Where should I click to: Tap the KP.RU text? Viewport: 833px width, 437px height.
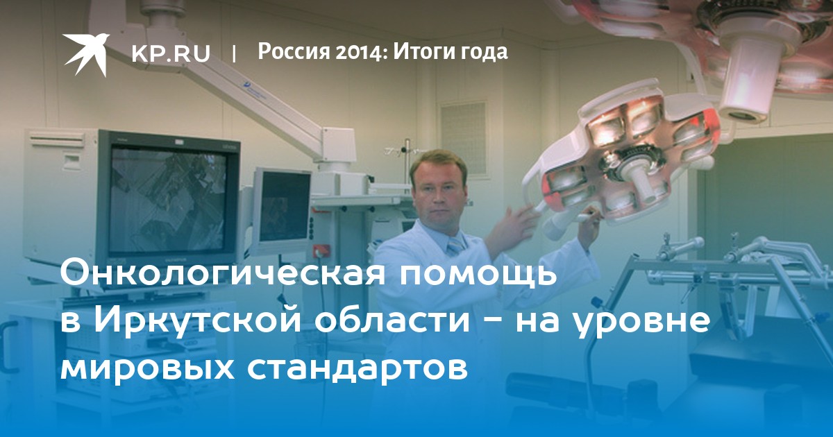tap(171, 53)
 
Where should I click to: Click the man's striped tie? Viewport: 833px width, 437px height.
tap(456, 246)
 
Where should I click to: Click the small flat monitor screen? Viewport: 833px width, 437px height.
tap(285, 206)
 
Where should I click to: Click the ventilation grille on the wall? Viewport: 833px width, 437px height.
tap(463, 138)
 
